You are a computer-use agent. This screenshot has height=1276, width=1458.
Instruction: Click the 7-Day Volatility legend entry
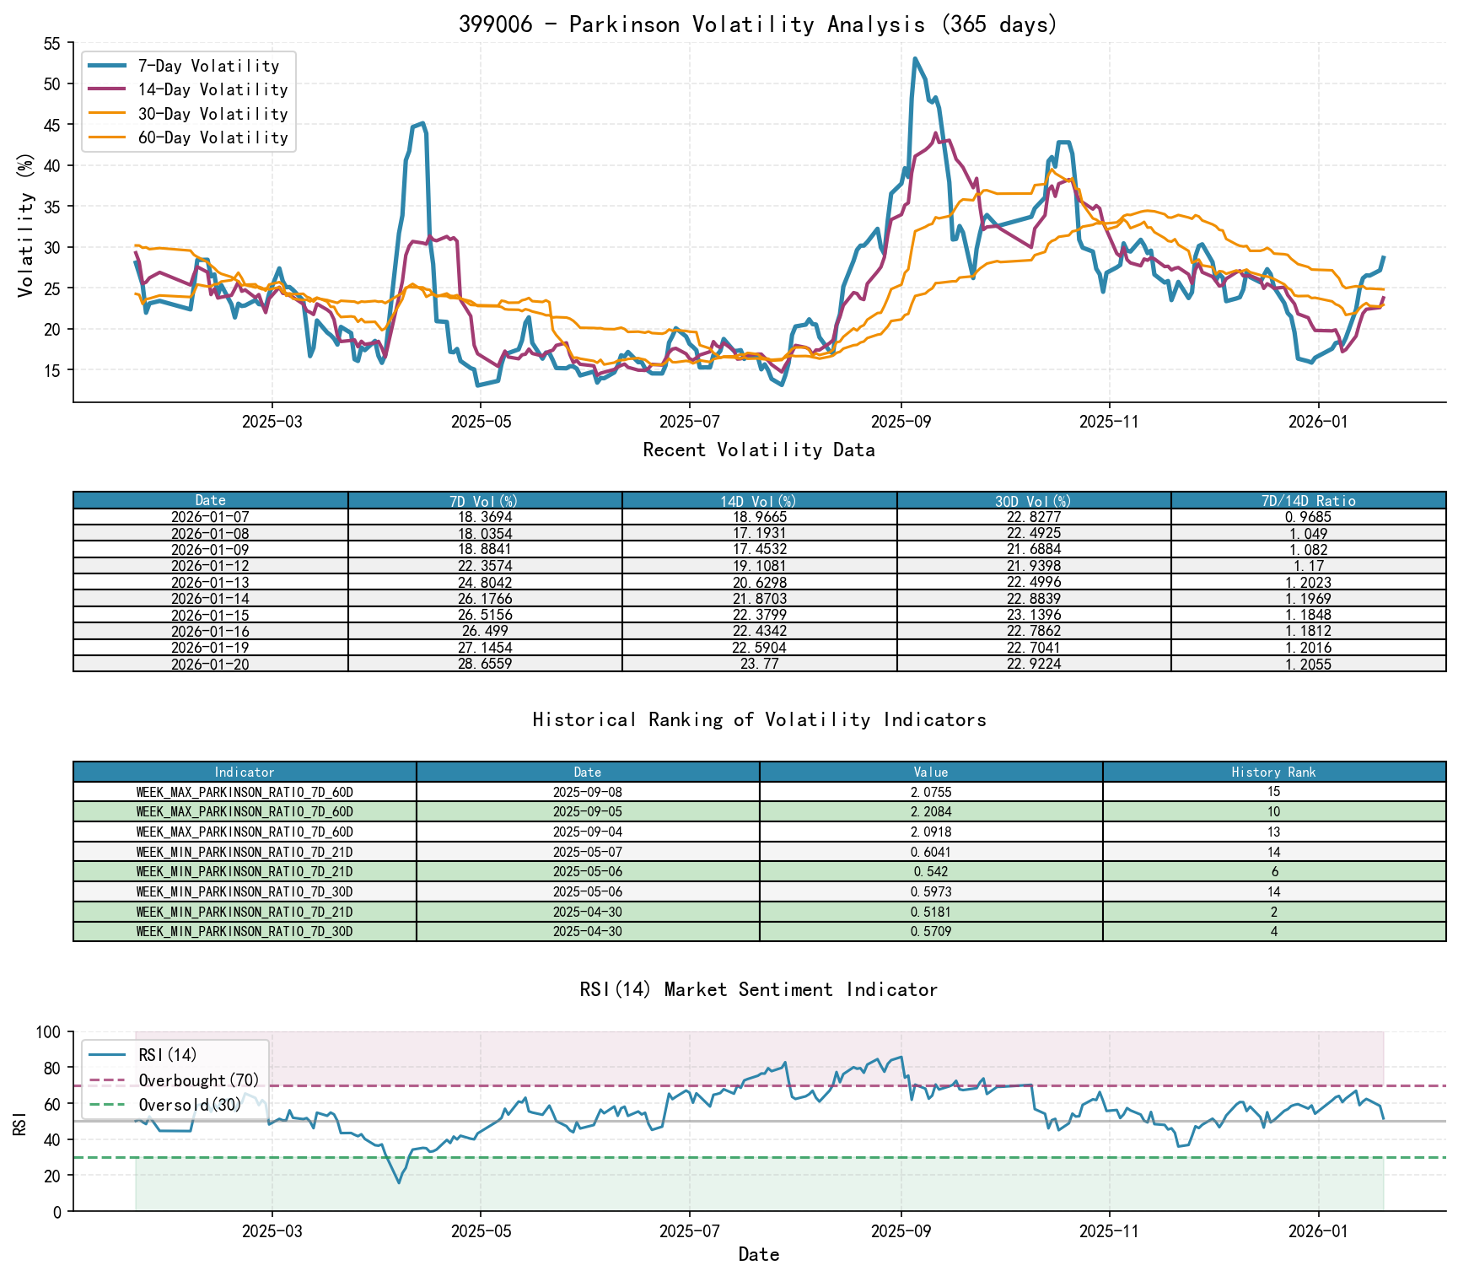[x=208, y=66]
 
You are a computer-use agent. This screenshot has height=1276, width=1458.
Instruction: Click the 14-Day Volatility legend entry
[x=213, y=89]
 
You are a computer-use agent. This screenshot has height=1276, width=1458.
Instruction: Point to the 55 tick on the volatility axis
[x=51, y=43]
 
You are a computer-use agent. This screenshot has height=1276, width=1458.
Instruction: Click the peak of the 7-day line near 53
[x=915, y=59]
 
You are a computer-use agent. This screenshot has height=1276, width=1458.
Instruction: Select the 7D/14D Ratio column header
[x=1308, y=501]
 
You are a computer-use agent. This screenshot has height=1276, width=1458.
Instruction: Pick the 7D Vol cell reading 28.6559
[x=485, y=665]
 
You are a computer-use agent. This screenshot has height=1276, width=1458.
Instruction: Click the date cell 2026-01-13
[x=210, y=583]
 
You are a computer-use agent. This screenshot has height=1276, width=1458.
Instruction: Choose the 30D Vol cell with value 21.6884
[x=1034, y=550]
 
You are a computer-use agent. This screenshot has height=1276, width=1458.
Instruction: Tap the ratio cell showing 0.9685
[x=1308, y=517]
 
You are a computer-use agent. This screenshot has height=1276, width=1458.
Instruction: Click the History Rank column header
[x=1273, y=773]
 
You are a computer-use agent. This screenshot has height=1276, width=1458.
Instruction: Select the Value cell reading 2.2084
[x=931, y=812]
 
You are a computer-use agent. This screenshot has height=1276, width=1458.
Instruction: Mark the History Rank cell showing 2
[x=1273, y=913]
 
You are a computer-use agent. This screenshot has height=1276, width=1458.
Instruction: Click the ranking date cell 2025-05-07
[x=588, y=853]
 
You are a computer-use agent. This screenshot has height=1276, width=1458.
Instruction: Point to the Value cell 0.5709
[x=931, y=932]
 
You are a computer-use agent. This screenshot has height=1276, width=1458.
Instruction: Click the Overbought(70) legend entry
[x=198, y=1080]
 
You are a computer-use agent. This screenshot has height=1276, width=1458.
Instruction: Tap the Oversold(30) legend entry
[x=190, y=1105]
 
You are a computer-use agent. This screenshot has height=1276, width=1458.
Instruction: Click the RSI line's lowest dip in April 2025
[x=399, y=1182]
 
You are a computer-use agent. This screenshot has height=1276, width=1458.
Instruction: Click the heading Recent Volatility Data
[x=759, y=450]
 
